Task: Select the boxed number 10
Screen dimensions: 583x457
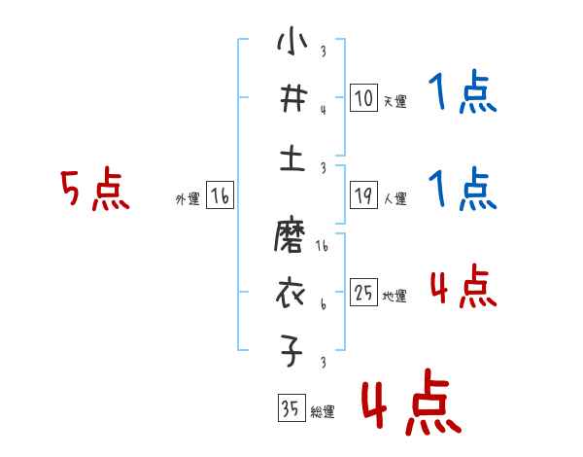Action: tap(363, 98)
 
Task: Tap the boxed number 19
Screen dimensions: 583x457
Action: tap(363, 195)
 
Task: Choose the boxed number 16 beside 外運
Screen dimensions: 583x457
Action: tap(220, 197)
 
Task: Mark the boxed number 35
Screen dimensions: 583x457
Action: tap(290, 407)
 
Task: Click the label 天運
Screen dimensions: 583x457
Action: tap(394, 101)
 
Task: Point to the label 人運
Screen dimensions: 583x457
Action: tap(394, 198)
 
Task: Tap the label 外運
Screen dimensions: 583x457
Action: tap(187, 199)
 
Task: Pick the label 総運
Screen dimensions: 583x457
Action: tap(322, 411)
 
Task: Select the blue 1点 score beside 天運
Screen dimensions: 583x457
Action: tap(463, 94)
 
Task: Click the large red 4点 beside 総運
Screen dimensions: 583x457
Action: tap(410, 405)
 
